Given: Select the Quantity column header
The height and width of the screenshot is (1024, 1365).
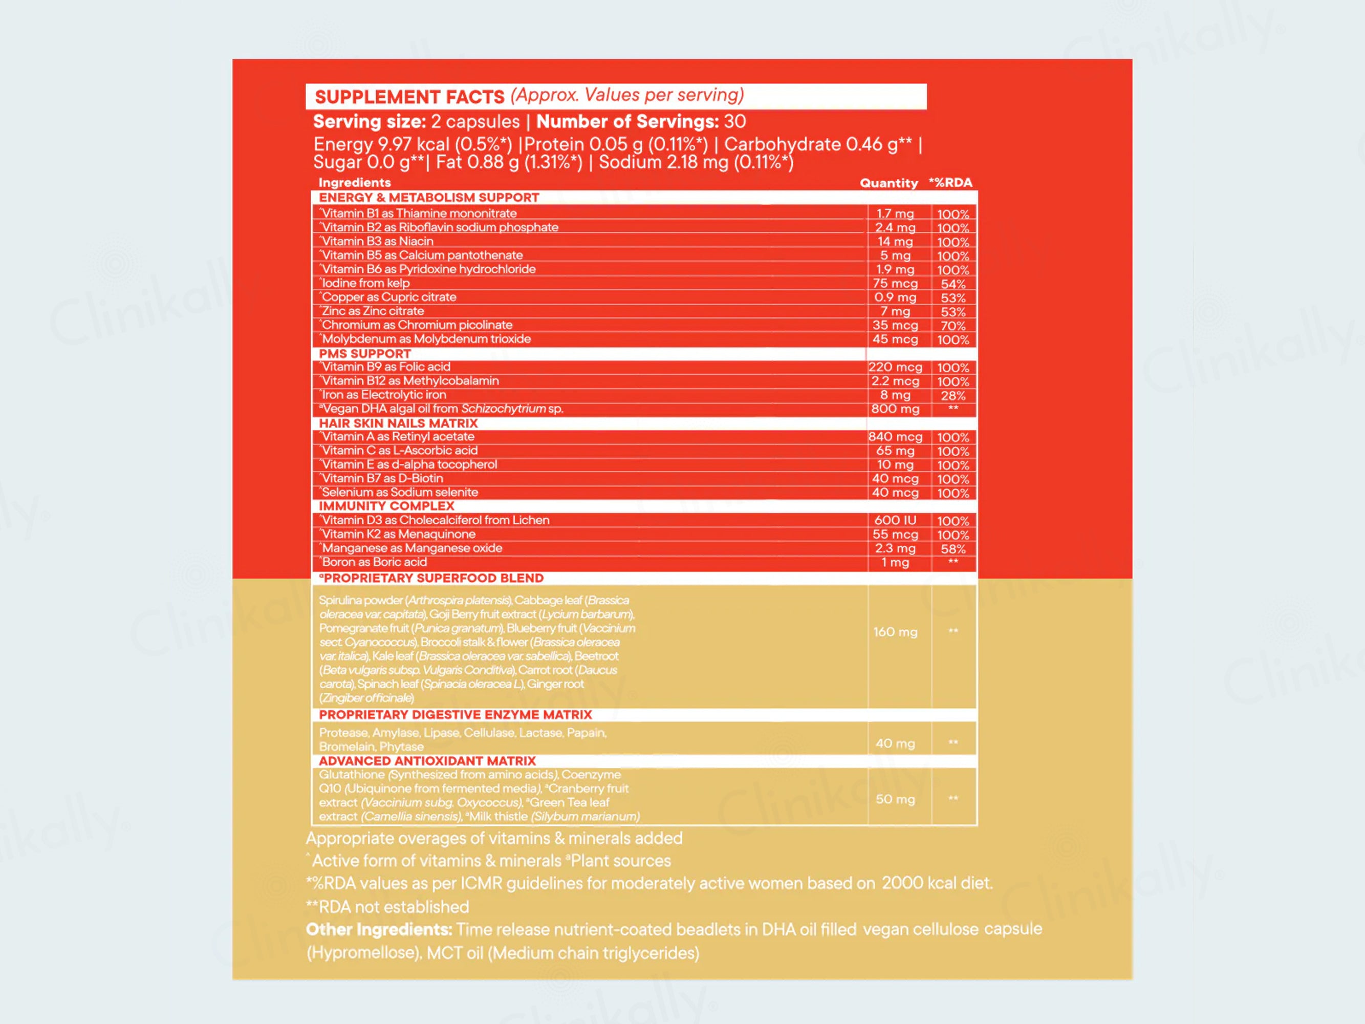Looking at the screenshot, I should (x=889, y=183).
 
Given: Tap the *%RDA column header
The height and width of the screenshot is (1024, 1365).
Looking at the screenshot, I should (x=950, y=183).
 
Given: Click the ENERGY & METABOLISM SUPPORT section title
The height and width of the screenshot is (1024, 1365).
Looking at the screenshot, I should (x=429, y=198).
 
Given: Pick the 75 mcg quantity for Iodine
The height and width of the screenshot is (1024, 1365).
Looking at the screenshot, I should (x=895, y=283).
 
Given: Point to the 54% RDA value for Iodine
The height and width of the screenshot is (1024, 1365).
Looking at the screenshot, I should (x=953, y=284).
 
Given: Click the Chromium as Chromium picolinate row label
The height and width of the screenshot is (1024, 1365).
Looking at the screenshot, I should (x=417, y=325).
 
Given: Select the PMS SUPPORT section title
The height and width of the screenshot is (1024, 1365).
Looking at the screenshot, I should (x=365, y=354).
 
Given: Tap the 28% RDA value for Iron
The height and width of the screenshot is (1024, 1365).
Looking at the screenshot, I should (x=953, y=396).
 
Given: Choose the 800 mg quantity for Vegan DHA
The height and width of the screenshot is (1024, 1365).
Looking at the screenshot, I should (x=895, y=409).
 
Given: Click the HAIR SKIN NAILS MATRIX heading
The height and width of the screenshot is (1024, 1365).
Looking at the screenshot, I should (x=398, y=423).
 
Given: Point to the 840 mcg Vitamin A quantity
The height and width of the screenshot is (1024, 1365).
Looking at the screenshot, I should (x=895, y=437).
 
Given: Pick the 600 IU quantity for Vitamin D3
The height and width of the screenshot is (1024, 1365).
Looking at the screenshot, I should (x=895, y=520).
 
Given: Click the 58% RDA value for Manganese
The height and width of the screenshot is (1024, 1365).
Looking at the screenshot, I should (x=953, y=549).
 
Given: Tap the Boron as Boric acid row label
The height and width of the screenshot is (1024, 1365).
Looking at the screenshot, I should (x=374, y=562).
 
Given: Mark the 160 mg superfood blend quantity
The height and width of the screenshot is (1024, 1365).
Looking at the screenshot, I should (x=895, y=632).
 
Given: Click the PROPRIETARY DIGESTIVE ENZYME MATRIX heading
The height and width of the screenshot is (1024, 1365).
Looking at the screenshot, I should (x=456, y=715).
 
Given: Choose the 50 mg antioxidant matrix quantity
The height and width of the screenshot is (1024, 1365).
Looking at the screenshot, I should (x=895, y=799).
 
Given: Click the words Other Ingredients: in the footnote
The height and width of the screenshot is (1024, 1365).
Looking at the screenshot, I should (x=379, y=930).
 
